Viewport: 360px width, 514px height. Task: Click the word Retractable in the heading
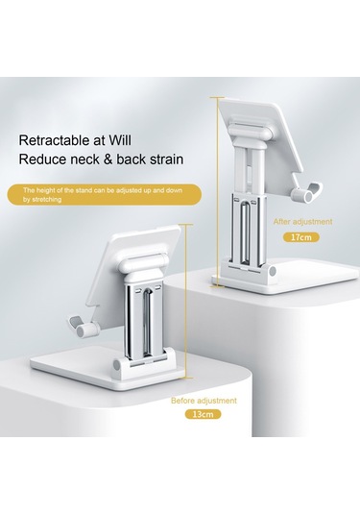50,140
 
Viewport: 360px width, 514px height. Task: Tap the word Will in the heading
120,140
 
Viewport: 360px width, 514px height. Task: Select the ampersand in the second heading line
108,159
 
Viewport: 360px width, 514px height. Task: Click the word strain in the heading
166,159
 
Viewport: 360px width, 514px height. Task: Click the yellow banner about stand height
104,195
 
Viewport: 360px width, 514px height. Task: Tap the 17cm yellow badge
301,237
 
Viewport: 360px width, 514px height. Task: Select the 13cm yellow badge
204,414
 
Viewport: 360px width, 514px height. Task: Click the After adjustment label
302,222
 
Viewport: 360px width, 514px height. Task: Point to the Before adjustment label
204,401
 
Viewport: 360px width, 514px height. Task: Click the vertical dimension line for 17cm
217,192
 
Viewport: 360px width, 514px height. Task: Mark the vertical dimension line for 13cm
185,301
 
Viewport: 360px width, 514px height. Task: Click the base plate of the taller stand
288,276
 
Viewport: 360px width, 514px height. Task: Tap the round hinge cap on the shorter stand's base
116,365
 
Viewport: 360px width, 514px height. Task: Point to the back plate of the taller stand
262,137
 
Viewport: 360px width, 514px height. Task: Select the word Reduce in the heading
42,159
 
